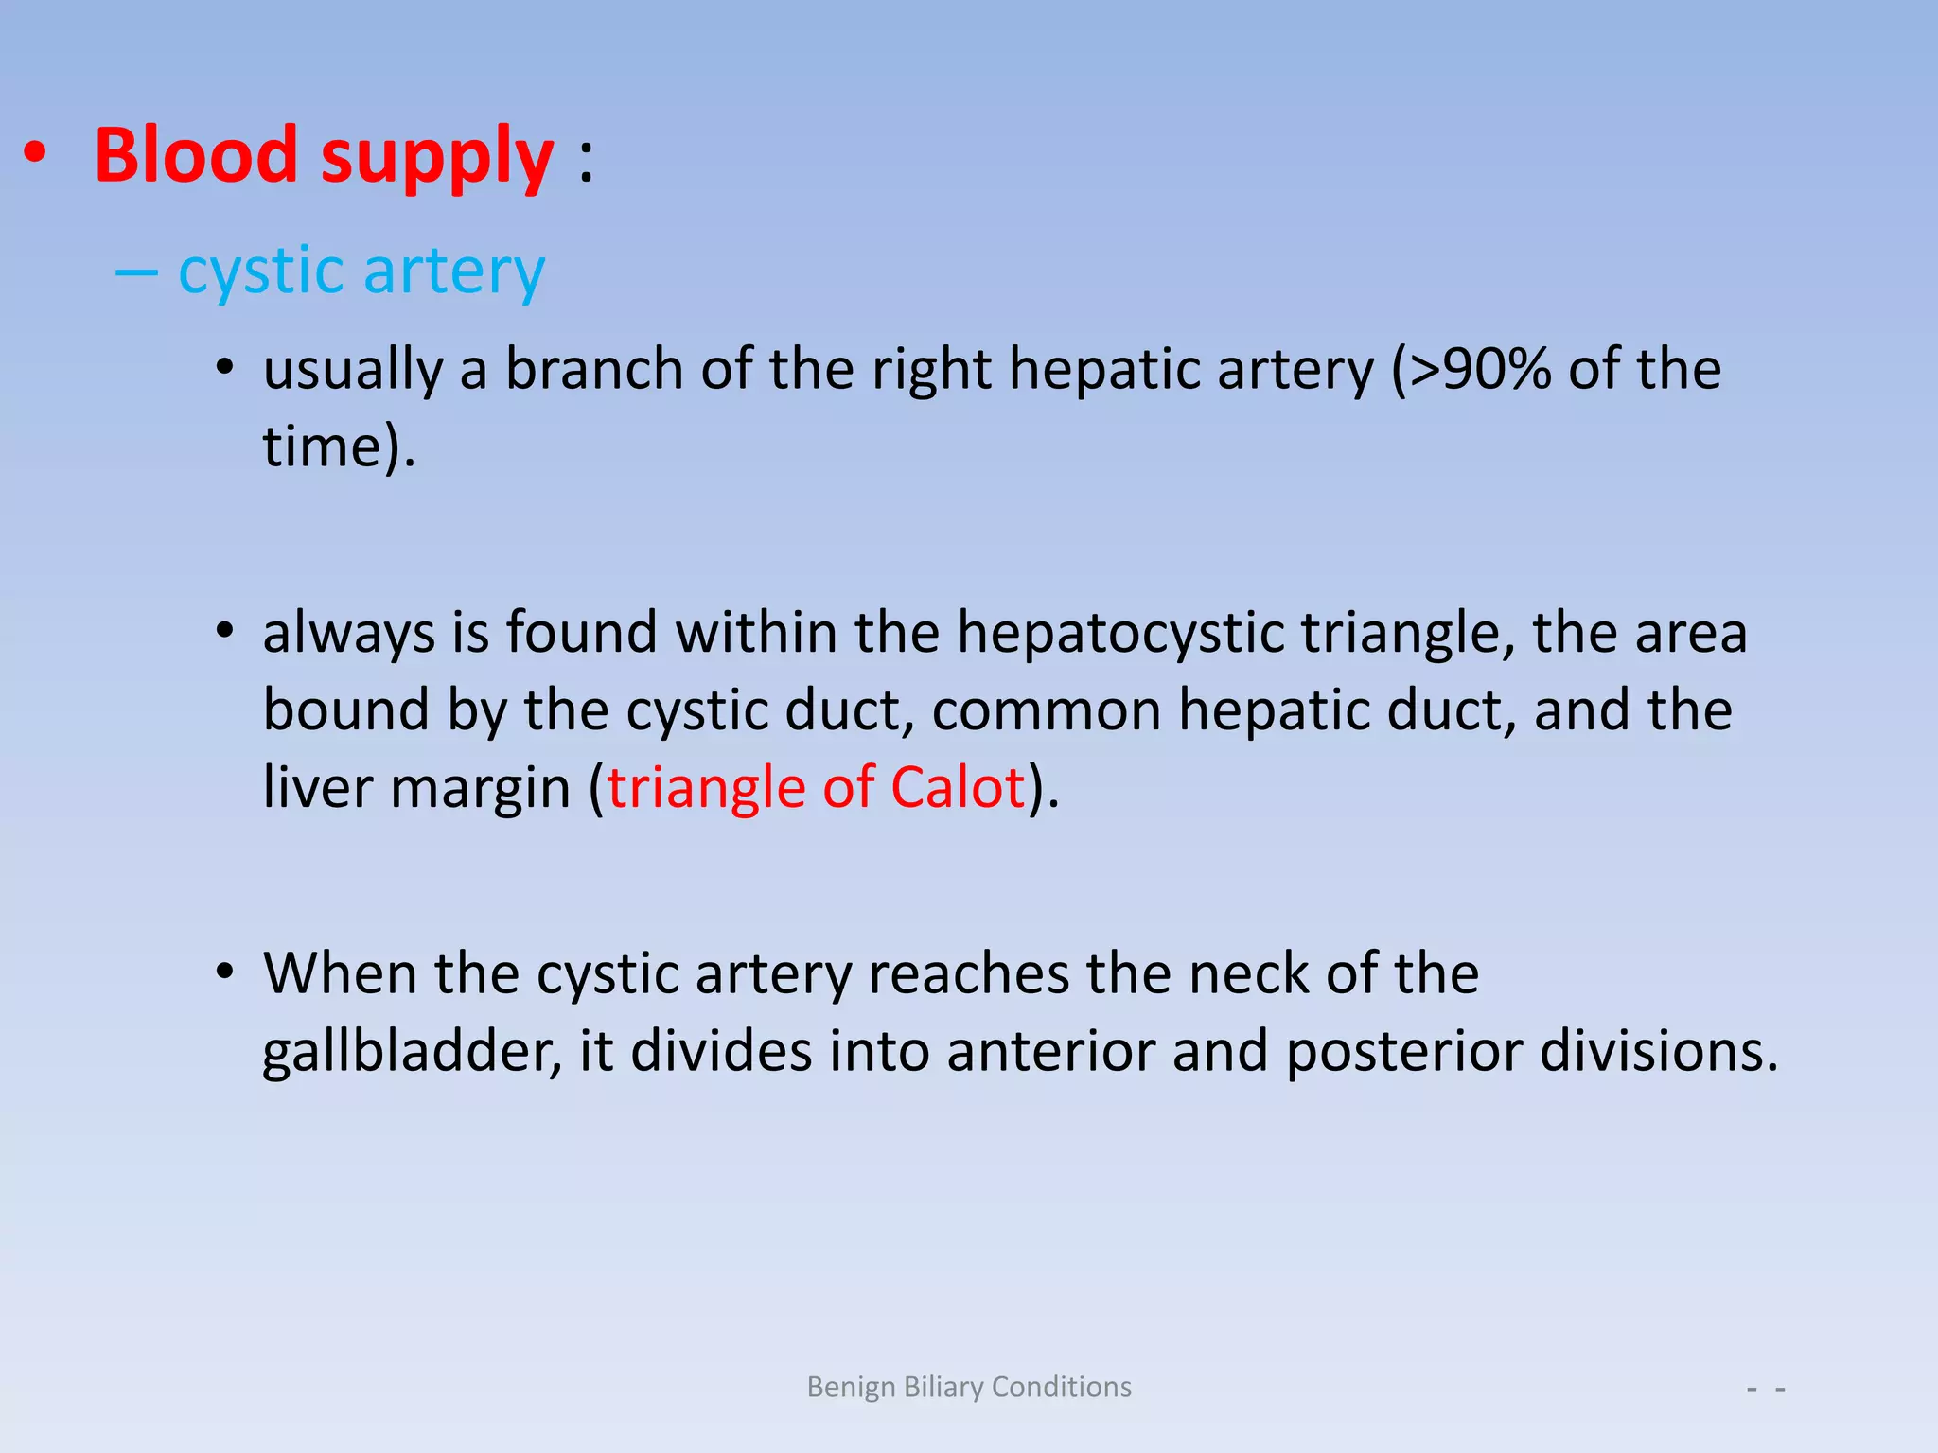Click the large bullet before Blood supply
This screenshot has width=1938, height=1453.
(35, 154)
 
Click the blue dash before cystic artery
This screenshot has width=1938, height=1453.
(136, 272)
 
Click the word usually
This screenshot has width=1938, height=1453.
(353, 371)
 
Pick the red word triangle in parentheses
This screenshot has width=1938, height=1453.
(705, 789)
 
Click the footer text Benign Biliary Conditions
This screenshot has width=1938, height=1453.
(969, 1387)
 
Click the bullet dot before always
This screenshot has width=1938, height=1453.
(224, 631)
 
